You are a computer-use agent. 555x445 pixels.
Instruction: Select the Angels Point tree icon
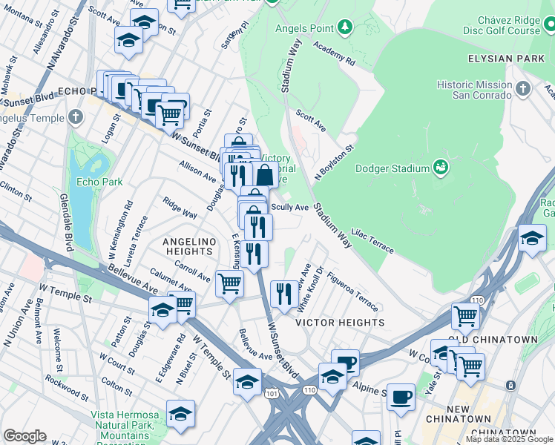[x=344, y=28]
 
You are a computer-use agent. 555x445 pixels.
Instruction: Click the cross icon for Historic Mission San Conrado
[x=524, y=89]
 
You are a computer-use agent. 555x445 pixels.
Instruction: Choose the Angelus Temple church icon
[x=76, y=116]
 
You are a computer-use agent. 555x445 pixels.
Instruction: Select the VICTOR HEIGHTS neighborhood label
[x=341, y=323]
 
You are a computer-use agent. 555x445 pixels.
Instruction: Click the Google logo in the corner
[x=24, y=436]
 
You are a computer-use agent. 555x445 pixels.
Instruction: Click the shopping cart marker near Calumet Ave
[x=229, y=282]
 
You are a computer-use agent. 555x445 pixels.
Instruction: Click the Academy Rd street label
[x=334, y=52]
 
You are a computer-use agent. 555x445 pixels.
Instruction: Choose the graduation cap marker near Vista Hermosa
[x=180, y=415]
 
